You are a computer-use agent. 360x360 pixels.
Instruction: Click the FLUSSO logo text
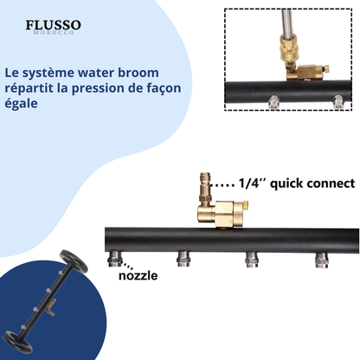54,25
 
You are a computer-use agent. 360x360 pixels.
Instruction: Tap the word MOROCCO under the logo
54,32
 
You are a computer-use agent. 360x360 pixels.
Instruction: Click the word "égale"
21,104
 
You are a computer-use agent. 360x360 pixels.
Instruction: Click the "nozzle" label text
138,275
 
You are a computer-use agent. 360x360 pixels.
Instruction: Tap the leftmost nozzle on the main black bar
114,259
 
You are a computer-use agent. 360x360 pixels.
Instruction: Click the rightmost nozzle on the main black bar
322,260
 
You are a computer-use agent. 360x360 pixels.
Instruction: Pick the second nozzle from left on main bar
183,259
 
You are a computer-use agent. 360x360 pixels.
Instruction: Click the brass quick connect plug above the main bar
205,188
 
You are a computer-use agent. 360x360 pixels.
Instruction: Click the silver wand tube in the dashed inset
286,22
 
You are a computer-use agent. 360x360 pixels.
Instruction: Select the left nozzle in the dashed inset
274,103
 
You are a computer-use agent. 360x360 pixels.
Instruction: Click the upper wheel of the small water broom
74,261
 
